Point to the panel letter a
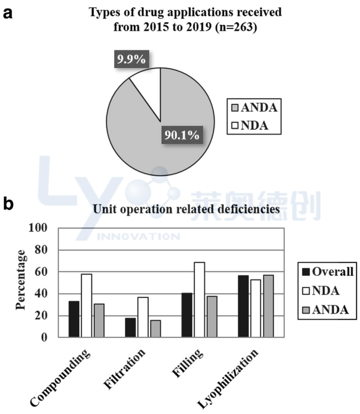pyautogui.click(x=8, y=13)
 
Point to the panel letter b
pyautogui.click(x=9, y=204)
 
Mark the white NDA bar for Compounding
pyautogui.click(x=86, y=305)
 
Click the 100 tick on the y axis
pyautogui.click(x=39, y=228)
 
